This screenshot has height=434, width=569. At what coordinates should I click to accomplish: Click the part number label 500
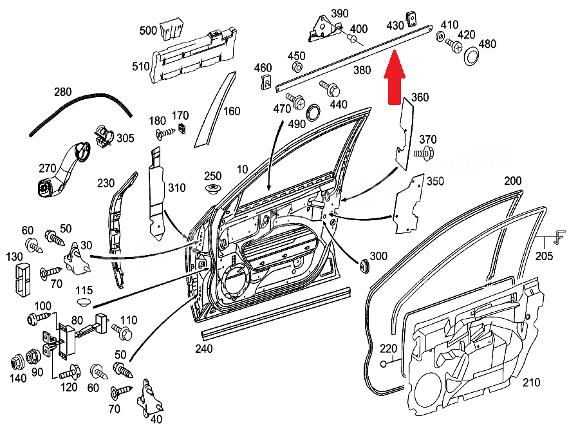(x=148, y=30)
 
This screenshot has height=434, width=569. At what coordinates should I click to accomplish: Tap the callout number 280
(x=62, y=92)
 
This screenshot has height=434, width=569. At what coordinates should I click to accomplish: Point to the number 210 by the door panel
(x=531, y=382)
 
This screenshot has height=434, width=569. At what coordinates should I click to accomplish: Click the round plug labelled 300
(x=364, y=264)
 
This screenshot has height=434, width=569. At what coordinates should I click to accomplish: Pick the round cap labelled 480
(x=472, y=57)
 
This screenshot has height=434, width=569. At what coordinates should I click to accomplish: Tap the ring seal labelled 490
(x=313, y=111)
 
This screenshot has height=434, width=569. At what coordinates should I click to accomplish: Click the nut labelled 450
(x=297, y=68)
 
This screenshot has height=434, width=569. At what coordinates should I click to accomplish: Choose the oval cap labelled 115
(x=84, y=302)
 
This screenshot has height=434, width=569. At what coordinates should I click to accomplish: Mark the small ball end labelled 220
(x=384, y=365)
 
